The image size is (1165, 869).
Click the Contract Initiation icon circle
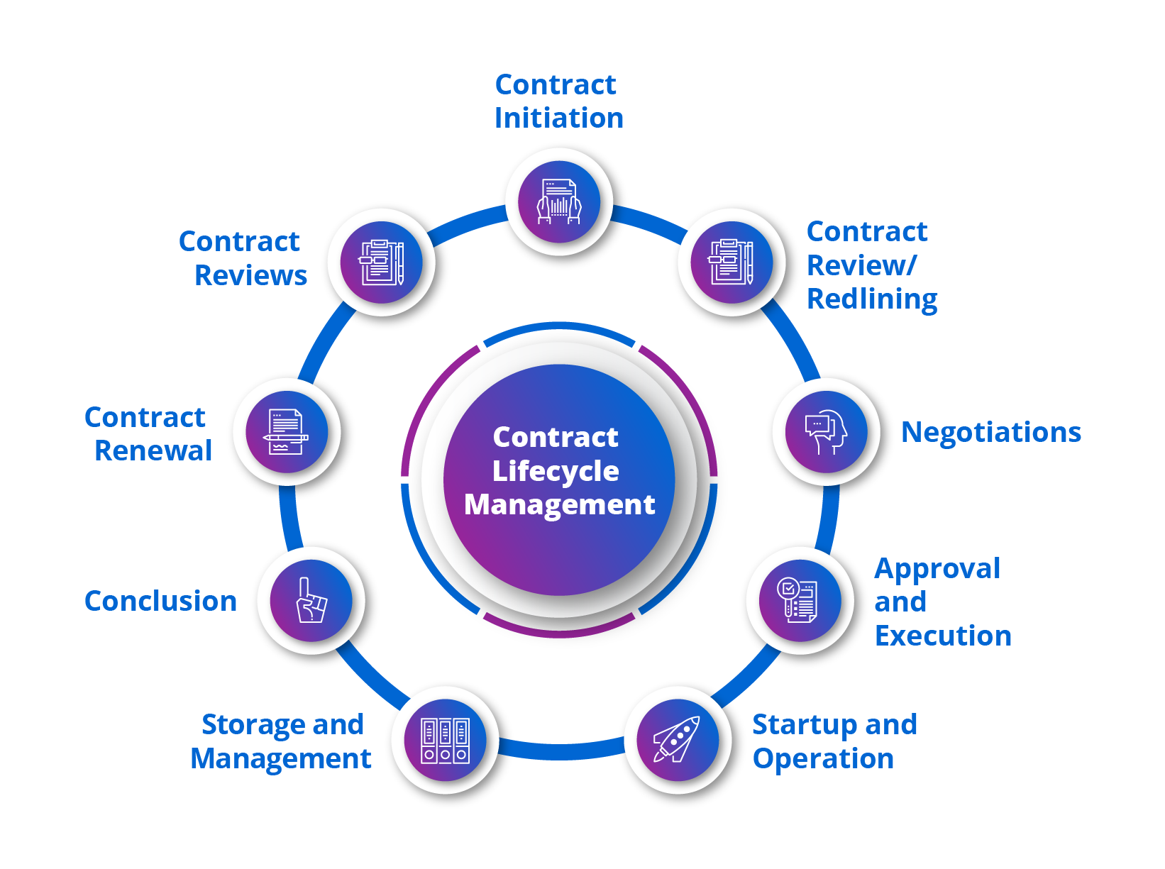[559, 202]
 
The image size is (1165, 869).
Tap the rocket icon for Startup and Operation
[678, 740]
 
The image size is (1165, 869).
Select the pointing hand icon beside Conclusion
[311, 601]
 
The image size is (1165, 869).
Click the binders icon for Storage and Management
[445, 740]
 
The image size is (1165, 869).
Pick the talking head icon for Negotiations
[826, 432]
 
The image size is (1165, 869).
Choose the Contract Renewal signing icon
[287, 432]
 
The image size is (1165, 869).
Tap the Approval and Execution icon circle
[800, 601]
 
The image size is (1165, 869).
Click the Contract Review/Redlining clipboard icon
[731, 262]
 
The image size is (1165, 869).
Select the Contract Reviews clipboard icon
[382, 262]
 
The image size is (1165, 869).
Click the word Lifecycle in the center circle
[556, 471]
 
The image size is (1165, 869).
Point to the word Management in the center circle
[559, 504]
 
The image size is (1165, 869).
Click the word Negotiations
[990, 432]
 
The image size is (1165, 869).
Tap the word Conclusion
[160, 601]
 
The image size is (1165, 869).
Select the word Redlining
[872, 299]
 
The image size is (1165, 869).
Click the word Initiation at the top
[559, 118]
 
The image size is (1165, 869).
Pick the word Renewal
[153, 450]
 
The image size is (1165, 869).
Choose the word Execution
[943, 636]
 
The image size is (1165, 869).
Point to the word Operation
[823, 759]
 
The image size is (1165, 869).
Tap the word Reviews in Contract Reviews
[250, 275]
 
